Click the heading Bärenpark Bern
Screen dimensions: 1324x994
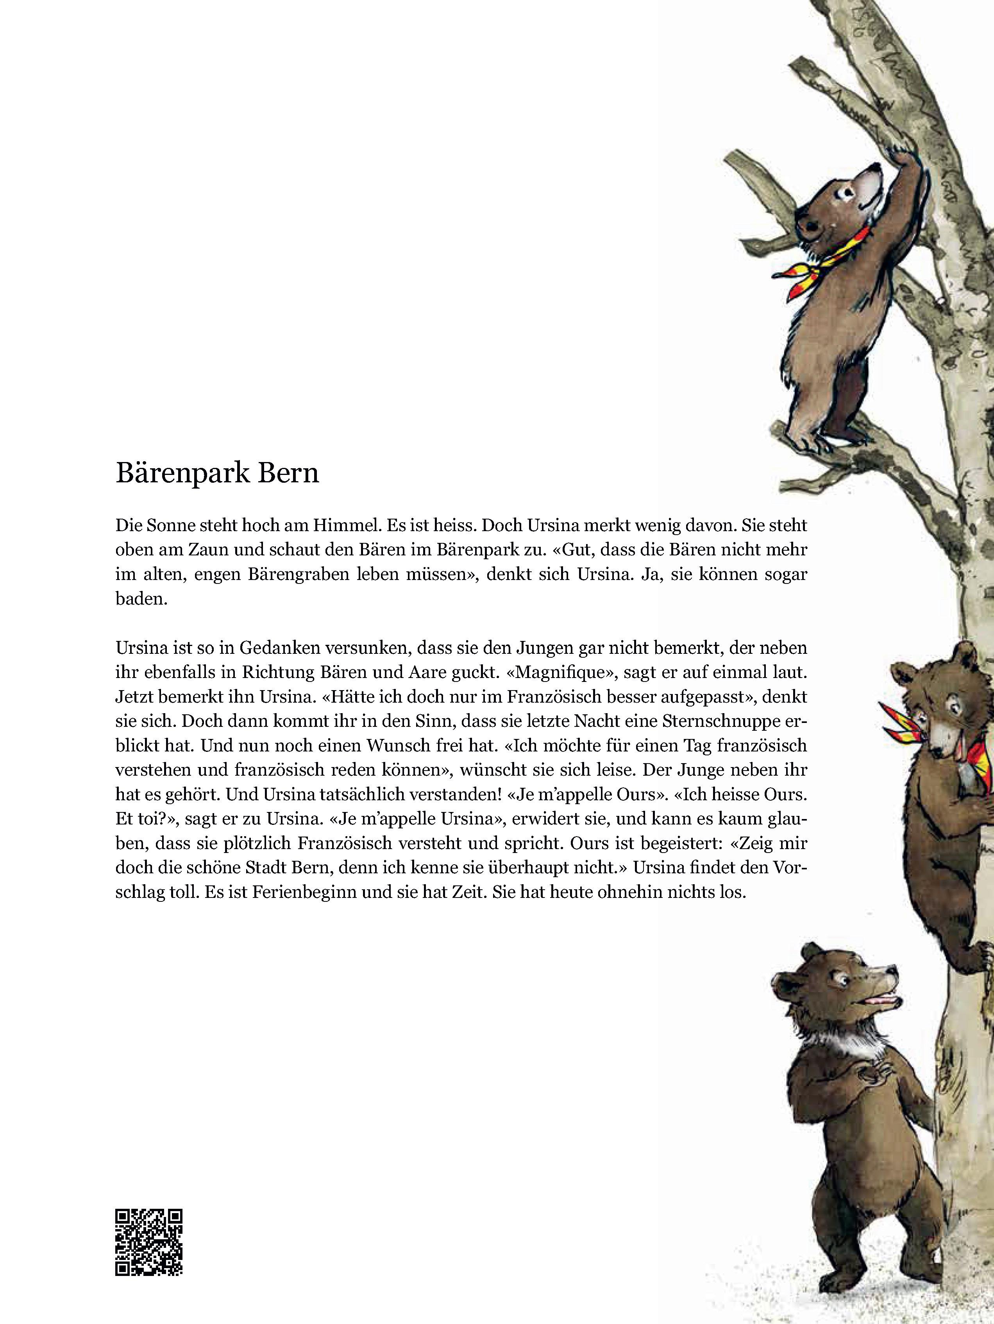click(217, 473)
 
